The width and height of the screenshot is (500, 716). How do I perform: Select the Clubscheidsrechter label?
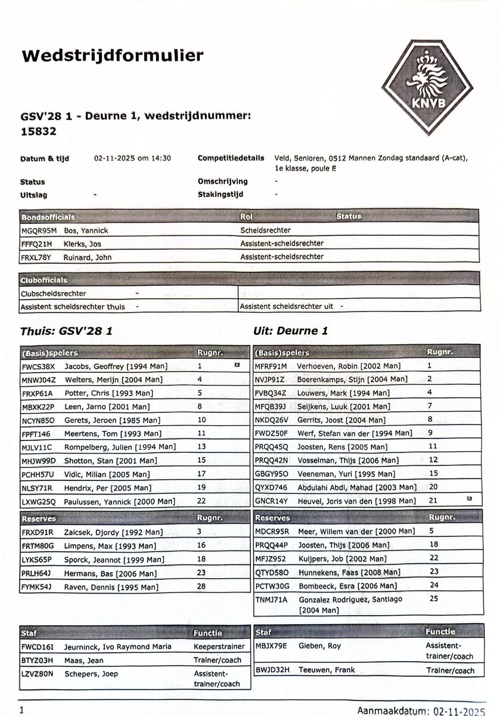[52, 294]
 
